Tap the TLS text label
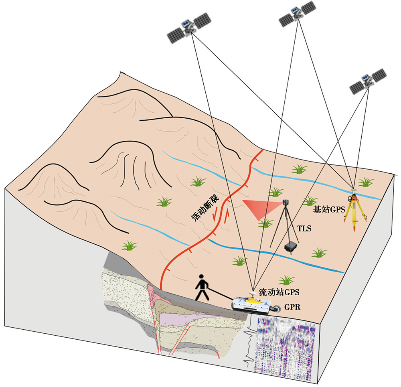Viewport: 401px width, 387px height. click(x=304, y=228)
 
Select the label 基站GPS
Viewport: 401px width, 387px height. click(x=329, y=209)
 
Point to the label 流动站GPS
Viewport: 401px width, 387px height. click(x=279, y=292)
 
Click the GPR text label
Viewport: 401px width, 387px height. click(x=292, y=307)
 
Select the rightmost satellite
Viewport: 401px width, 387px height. click(x=368, y=81)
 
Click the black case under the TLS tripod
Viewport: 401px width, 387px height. click(x=290, y=247)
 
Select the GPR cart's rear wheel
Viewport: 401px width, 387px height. click(x=276, y=309)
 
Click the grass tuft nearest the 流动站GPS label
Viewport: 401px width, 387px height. click(x=286, y=280)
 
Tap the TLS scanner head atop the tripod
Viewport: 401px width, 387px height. click(x=286, y=203)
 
